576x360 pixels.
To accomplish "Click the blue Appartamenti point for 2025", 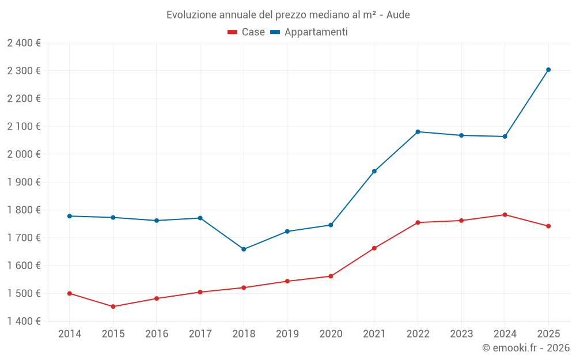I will pyautogui.click(x=548, y=70).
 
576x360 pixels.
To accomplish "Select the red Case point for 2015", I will pyautogui.click(x=113, y=306).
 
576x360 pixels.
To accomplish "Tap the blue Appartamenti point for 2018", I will pyautogui.click(x=244, y=249).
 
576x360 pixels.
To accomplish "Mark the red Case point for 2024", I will pyautogui.click(x=505, y=215).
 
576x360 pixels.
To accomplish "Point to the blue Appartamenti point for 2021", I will pyautogui.click(x=374, y=171).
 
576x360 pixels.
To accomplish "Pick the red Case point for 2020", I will pyautogui.click(x=331, y=276).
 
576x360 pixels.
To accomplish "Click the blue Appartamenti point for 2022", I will pyautogui.click(x=418, y=132).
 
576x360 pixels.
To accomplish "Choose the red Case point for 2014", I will pyautogui.click(x=70, y=293).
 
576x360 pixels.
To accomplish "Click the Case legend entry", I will pyautogui.click(x=247, y=32).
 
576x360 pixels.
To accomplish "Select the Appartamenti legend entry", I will pyautogui.click(x=309, y=32).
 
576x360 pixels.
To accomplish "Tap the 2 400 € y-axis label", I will pyautogui.click(x=24, y=43).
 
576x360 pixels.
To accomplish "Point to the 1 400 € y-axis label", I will pyautogui.click(x=24, y=321).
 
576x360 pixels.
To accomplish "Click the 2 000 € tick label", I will pyautogui.click(x=24, y=154).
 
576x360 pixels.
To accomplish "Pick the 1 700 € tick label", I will pyautogui.click(x=24, y=238).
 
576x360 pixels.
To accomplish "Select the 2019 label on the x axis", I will pyautogui.click(x=287, y=334).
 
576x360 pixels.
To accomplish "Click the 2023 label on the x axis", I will pyautogui.click(x=461, y=334).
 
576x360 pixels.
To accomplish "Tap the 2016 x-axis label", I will pyautogui.click(x=157, y=334).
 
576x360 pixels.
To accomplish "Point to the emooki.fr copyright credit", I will pyautogui.click(x=525, y=348).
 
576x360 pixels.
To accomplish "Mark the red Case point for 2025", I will pyautogui.click(x=548, y=226).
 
